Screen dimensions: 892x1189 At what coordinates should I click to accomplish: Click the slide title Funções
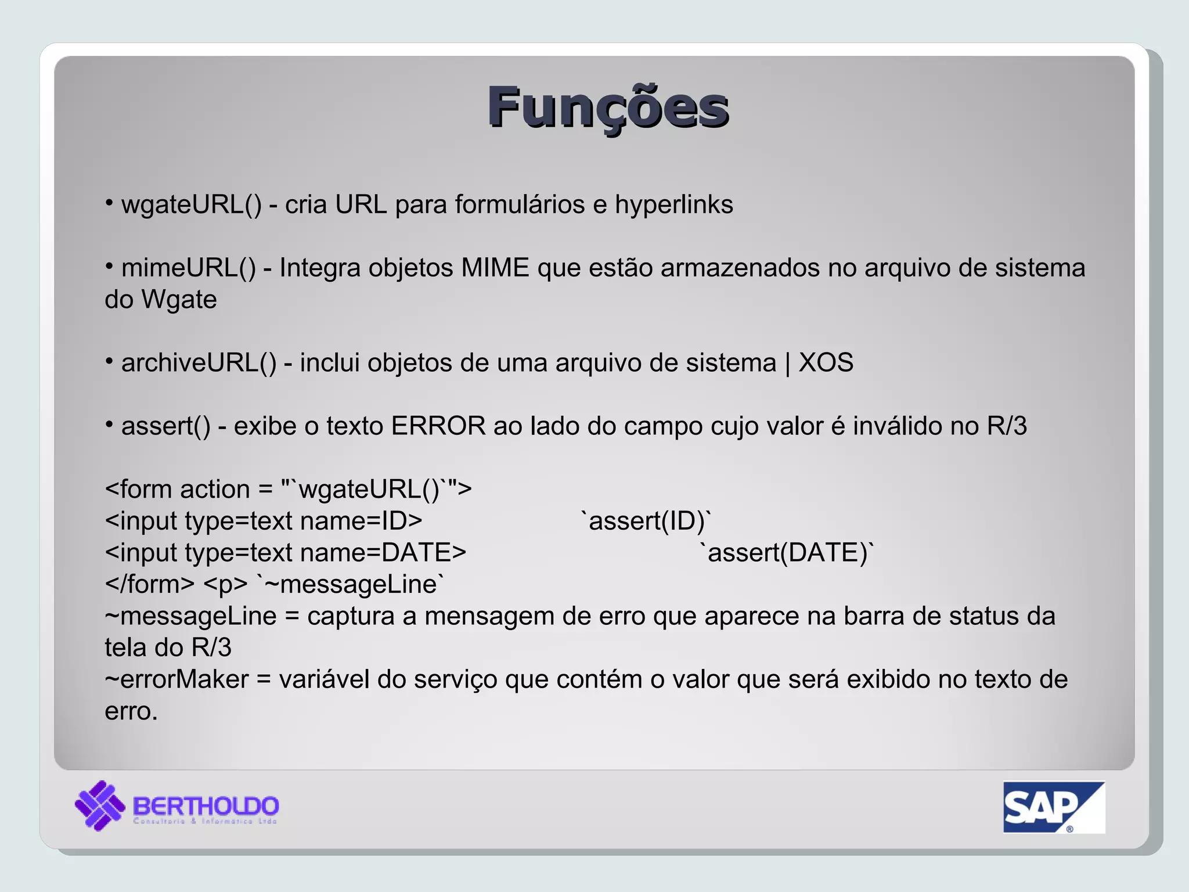click(608, 107)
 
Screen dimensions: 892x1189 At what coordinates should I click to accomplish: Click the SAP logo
click(1053, 807)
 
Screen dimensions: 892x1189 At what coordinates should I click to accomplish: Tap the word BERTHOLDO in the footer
click(206, 805)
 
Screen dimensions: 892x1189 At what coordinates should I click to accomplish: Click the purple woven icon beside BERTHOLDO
click(99, 805)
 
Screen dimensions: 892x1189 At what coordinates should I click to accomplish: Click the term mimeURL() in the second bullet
click(188, 268)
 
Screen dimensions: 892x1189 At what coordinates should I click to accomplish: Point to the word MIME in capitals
click(495, 268)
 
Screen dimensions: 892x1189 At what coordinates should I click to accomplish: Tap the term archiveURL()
click(199, 363)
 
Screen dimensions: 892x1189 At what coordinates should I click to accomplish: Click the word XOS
click(826, 363)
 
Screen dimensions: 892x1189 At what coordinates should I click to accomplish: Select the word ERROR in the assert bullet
click(438, 426)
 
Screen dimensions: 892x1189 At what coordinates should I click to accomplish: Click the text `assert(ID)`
click(646, 521)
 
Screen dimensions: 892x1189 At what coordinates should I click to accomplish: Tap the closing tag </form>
click(149, 584)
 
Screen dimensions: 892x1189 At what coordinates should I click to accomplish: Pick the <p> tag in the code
click(225, 584)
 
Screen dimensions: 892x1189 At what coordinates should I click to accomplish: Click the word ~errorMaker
click(176, 679)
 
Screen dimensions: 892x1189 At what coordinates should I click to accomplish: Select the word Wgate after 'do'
click(179, 300)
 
